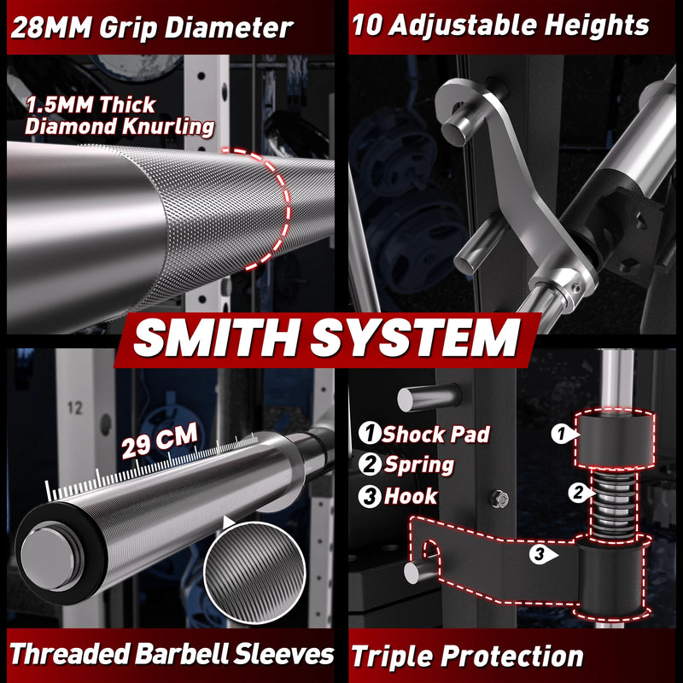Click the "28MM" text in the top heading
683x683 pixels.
51,28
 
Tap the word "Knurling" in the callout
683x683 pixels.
168,126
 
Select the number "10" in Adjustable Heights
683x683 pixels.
367,25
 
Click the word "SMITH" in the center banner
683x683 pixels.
216,338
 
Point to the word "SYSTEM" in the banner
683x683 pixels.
415,338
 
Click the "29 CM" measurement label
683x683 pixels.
160,441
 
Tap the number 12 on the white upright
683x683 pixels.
75,408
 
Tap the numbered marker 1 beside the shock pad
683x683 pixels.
562,434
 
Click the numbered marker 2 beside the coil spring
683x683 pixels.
579,493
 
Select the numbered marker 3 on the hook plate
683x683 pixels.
540,554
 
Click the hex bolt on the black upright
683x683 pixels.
499,499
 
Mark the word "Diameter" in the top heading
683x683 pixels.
229,28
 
